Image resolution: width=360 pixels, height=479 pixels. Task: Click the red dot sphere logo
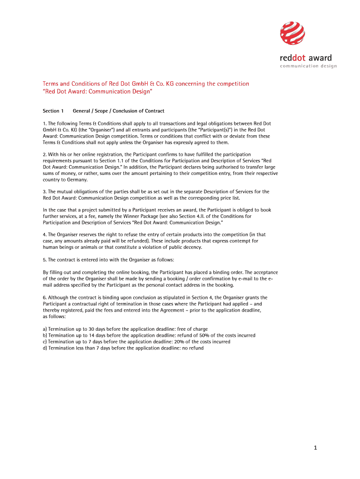tap(292, 34)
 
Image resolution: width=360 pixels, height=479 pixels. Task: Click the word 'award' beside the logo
tap(320, 58)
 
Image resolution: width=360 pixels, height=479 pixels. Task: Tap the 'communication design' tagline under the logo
tap(308, 66)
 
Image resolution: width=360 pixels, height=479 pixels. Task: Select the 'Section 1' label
tap(53, 111)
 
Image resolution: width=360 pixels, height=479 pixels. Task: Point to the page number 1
tap(316, 448)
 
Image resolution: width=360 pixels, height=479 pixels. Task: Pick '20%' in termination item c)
tap(186, 341)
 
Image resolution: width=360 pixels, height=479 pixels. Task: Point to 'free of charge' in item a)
tap(193, 329)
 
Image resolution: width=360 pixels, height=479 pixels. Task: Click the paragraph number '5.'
tap(45, 260)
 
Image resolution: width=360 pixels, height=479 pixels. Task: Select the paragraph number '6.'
tap(45, 298)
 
